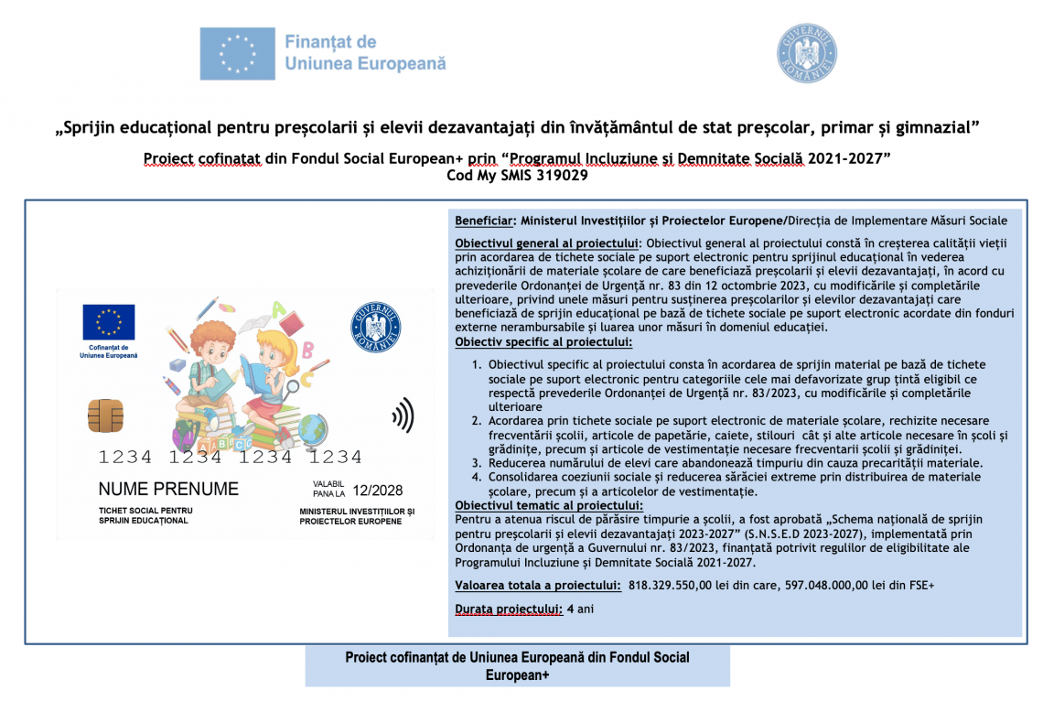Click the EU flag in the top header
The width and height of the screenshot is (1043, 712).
pos(236,53)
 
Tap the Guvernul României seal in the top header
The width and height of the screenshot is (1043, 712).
pos(806,53)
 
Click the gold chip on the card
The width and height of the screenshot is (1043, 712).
pos(105,415)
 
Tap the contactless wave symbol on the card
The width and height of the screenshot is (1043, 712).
pos(403,415)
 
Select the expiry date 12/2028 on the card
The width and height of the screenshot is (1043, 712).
pos(378,491)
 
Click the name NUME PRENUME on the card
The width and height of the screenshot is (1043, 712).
pos(168,489)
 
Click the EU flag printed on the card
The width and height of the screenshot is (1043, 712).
pos(109,322)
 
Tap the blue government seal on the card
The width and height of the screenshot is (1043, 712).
pos(375,328)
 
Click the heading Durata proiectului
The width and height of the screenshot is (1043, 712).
pos(509,609)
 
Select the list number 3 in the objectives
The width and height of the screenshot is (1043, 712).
pos(476,463)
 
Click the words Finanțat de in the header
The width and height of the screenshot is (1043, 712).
pos(330,42)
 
